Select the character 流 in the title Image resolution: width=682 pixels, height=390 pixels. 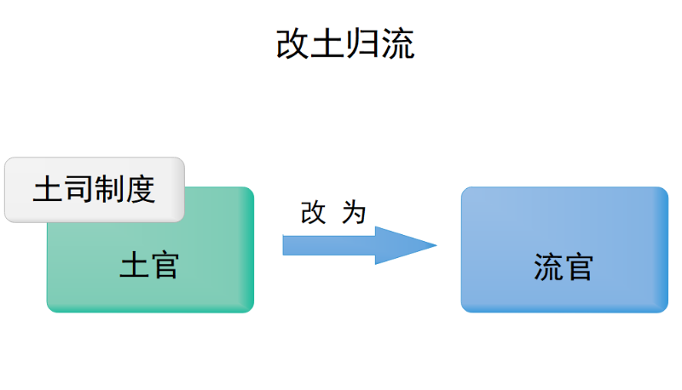(398, 43)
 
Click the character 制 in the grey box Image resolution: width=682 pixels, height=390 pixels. (109, 189)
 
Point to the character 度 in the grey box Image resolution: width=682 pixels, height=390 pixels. (140, 189)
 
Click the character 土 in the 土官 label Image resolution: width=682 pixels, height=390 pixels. (134, 266)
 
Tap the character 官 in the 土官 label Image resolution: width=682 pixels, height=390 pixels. (165, 266)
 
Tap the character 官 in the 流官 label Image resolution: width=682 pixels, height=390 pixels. (579, 267)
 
